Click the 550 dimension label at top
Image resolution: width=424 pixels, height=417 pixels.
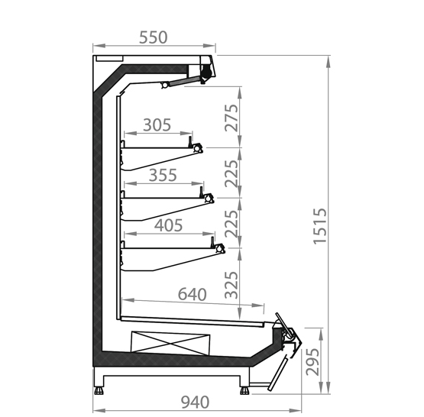pyautogui.click(x=153, y=37)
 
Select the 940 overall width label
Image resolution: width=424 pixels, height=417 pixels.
pyautogui.click(x=195, y=402)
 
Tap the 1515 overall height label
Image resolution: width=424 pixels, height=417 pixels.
pyautogui.click(x=320, y=226)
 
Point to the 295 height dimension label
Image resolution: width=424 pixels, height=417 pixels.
pyautogui.click(x=312, y=362)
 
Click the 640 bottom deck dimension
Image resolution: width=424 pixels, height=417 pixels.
pyautogui.click(x=193, y=294)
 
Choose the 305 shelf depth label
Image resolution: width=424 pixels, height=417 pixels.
pyautogui.click(x=157, y=125)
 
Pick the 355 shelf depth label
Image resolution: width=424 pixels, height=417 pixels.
pyautogui.click(x=163, y=175)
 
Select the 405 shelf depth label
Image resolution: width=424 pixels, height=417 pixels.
pyautogui.click(x=169, y=225)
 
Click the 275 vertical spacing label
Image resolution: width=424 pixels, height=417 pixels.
pyautogui.click(x=231, y=118)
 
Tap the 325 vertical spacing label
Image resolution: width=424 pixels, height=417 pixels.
pyautogui.click(x=231, y=285)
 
